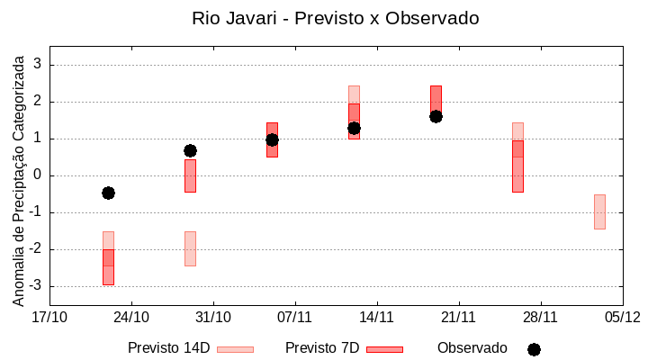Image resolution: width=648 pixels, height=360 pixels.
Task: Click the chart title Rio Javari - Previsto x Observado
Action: [x=335, y=18]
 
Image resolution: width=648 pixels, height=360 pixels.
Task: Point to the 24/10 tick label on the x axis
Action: [x=131, y=317]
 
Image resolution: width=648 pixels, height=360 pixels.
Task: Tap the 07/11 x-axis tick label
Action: [x=294, y=317]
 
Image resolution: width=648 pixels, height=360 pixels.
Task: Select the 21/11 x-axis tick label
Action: [x=458, y=317]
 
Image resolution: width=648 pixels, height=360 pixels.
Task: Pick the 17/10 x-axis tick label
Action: [x=49, y=317]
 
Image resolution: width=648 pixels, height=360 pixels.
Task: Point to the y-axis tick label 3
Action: [x=38, y=65]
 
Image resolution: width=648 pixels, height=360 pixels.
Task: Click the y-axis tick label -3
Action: [x=35, y=286]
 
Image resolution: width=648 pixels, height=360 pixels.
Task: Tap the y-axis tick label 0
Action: [x=38, y=175]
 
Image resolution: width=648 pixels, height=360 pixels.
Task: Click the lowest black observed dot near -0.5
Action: [x=108, y=193]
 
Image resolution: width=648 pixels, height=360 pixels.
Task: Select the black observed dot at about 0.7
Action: [x=190, y=150]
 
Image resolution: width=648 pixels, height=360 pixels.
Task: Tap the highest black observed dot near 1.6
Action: [x=436, y=116]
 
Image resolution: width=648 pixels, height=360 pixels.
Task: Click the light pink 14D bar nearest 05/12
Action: [x=599, y=211]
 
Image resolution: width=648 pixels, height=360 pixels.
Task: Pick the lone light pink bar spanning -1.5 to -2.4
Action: [x=190, y=248]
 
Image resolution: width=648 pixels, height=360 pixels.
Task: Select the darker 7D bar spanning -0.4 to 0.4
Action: [x=190, y=175]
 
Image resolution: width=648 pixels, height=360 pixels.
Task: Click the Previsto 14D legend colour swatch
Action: [x=235, y=349]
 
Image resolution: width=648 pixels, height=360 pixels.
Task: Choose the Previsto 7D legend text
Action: [x=322, y=348]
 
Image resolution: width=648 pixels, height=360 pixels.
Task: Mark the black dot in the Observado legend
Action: [x=534, y=349]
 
